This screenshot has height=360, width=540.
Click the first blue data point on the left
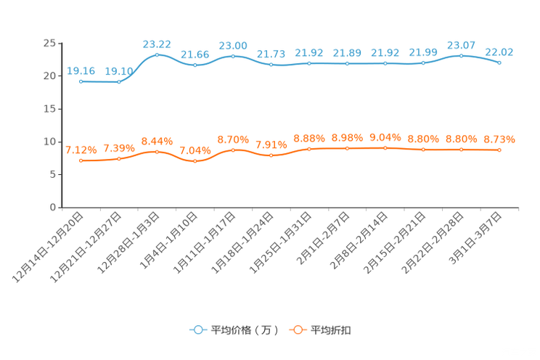(x=81, y=81)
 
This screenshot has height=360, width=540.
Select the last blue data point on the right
(x=499, y=63)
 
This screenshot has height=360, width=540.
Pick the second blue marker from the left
(x=119, y=81)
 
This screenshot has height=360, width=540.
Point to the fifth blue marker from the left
(x=233, y=56)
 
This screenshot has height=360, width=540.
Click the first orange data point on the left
(x=81, y=160)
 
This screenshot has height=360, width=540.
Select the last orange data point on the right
(x=499, y=150)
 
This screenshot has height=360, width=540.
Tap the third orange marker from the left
(x=157, y=152)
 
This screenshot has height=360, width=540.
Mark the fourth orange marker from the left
(x=195, y=161)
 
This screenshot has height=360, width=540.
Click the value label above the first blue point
(x=81, y=70)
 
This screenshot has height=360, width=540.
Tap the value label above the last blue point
(x=499, y=52)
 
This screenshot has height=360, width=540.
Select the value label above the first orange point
(x=81, y=150)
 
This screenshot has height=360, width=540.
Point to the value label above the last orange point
(x=499, y=139)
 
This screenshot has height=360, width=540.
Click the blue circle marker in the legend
(x=197, y=330)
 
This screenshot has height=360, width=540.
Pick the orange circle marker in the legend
(x=298, y=330)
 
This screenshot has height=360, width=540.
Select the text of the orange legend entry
(x=331, y=330)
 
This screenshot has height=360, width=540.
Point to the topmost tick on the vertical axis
(x=60, y=43)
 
